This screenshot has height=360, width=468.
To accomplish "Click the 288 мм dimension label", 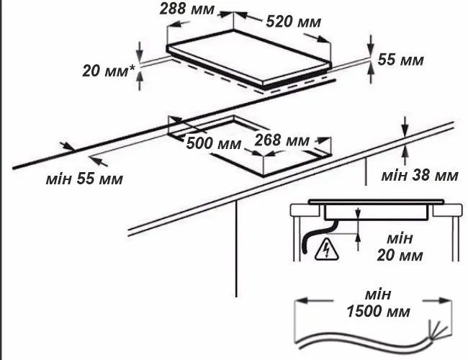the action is coord(187,9).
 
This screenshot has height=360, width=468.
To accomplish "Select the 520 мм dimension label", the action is coord(293,22).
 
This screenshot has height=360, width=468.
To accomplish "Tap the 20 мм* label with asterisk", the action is coord(109,71).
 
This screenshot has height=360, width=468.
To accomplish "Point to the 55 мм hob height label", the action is coord(400,60).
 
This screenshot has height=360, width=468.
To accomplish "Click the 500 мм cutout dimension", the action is coord(213,143).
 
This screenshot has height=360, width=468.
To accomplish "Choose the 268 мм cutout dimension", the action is coord(282,140).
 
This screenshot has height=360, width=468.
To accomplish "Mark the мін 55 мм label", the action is coord(84,179).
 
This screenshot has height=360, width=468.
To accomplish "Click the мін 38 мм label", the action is coord(420,175).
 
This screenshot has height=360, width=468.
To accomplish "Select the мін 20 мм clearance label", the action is coord(400,246).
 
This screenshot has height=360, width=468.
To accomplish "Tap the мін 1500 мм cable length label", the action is coord(378,302).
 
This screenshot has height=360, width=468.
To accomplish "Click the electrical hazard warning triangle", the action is coord(327,249).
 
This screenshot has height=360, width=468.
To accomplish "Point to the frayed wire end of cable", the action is coord(438,330).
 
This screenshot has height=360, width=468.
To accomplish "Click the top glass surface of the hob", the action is coord(248,56).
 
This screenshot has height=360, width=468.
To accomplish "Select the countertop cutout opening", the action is coord(249,145).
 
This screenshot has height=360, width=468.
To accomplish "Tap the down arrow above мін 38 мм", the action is coord(405,126).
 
